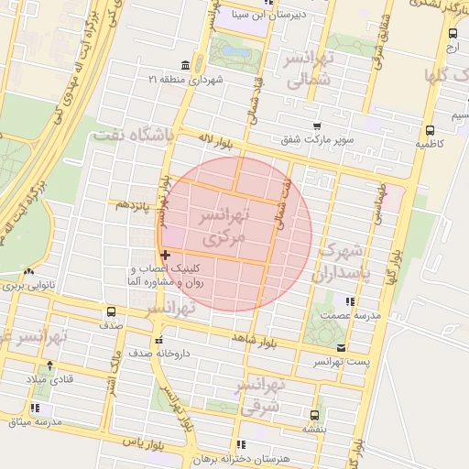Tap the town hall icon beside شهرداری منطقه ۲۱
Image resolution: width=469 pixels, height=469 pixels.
186,65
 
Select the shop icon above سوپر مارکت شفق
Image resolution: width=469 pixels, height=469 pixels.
317,127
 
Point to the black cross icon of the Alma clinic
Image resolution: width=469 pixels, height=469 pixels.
165,255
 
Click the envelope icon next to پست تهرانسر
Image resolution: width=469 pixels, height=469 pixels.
341,348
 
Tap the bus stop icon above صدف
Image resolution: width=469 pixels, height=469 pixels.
112,311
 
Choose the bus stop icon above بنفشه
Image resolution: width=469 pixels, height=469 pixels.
315,413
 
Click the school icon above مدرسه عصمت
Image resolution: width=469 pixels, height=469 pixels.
349,300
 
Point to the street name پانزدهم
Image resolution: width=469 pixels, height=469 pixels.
132,205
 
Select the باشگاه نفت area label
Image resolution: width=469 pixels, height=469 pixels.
133,136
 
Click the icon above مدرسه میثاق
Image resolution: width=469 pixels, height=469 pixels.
35,408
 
